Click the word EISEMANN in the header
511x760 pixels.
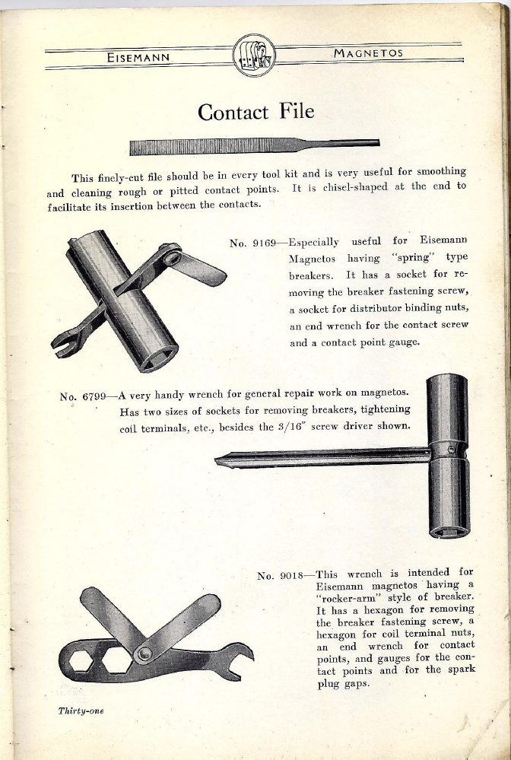coord(141,56)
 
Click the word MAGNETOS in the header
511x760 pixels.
coord(369,53)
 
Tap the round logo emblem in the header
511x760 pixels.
coord(253,56)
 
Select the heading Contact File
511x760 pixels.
coord(255,112)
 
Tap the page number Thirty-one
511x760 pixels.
coord(81,711)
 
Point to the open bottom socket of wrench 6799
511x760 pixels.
coord(449,528)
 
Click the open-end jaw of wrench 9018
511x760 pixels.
coord(243,654)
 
